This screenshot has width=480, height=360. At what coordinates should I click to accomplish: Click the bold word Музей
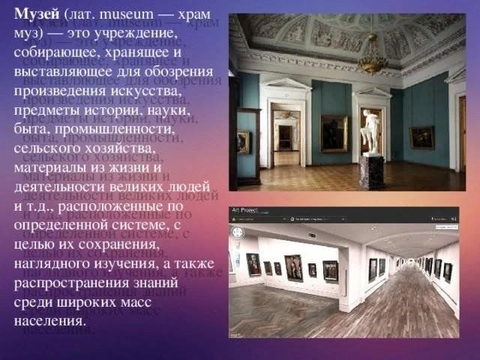[x=37, y=14]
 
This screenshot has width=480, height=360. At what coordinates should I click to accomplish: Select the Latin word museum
[x=127, y=15]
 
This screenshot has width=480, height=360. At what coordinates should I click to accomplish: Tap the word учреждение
[x=135, y=34]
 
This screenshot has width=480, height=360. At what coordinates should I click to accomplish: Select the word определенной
[x=61, y=225]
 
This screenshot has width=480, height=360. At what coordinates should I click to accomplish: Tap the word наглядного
[x=52, y=264]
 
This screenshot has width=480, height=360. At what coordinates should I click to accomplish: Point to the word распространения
[x=71, y=283]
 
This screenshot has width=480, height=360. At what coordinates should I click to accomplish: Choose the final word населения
[x=49, y=322]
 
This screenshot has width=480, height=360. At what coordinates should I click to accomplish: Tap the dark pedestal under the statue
[x=372, y=172]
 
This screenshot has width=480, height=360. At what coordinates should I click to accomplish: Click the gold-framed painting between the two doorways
[x=334, y=133]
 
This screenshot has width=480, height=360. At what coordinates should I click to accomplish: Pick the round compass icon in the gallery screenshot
[x=238, y=232]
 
